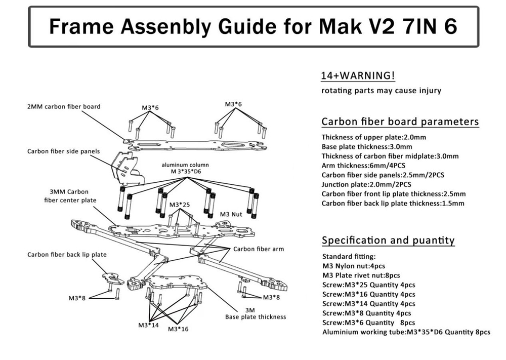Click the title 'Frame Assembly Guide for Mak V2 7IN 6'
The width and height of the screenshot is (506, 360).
coord(252,26)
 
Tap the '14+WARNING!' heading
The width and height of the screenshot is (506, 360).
coord(358,76)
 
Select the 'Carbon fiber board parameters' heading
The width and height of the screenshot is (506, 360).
coord(400,122)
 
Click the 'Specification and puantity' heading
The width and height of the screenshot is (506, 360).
coord(388,240)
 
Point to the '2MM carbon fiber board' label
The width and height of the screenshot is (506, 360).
coord(64,107)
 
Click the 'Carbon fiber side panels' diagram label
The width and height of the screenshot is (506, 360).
coord(64,151)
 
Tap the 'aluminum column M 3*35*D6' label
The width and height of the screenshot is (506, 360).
coord(185,169)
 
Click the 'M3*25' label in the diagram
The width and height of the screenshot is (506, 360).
coord(180,205)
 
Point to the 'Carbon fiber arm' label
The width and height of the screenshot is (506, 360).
coord(259,249)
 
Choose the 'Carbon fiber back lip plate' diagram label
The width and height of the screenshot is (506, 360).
coord(67,255)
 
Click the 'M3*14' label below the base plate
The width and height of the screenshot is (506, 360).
coord(148,325)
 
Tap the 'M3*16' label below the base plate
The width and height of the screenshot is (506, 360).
coord(178,329)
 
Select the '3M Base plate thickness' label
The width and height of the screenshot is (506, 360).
coord(256,313)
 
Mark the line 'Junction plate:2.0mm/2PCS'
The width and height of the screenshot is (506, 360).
coord(366,184)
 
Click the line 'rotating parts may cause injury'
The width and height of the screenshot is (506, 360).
coord(382,91)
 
